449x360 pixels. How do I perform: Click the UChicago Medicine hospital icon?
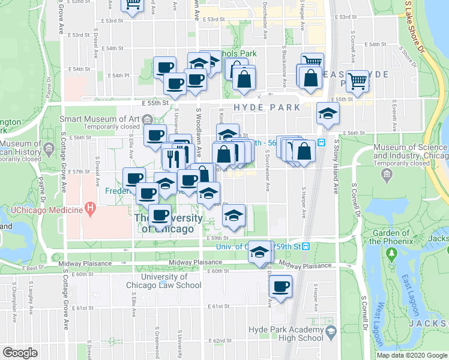coord(90,209)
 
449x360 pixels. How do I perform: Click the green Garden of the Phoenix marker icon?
coord(393,254)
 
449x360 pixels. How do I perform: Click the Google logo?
coord(20,353)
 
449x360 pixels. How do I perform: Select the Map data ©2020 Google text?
coord(411,355)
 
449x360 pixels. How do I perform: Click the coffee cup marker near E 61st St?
coord(280,286)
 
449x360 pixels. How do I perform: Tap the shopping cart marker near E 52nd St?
coord(133,5)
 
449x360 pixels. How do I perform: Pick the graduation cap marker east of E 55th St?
coord(328,113)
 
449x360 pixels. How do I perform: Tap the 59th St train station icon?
coord(306,246)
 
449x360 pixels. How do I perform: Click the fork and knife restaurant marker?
coord(172,158)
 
